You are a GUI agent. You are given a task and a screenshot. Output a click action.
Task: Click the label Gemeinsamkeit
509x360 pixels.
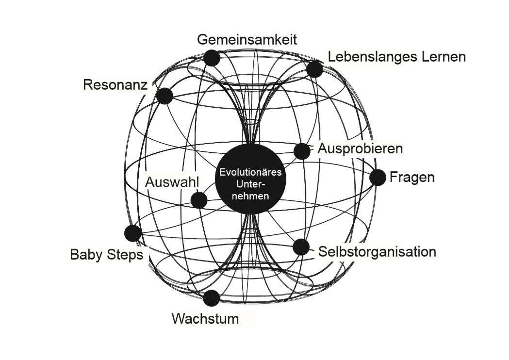[x=246, y=39]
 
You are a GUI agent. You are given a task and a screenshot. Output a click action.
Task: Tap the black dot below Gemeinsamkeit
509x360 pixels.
[x=212, y=58]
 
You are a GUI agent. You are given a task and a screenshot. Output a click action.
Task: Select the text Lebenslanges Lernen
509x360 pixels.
[x=396, y=57]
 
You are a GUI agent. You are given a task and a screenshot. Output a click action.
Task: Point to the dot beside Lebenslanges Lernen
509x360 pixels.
[x=314, y=69]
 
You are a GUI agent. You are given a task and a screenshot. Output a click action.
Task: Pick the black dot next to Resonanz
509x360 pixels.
[x=165, y=96]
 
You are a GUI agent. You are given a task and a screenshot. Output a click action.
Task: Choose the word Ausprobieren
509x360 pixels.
[x=360, y=148]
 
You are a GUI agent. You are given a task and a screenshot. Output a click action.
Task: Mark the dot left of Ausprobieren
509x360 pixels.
[x=302, y=151]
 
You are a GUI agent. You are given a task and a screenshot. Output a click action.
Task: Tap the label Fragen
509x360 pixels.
[x=412, y=177]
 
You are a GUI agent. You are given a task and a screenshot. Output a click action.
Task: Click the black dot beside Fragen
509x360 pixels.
[x=378, y=178]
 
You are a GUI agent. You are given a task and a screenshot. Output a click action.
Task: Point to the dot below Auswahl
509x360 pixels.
[x=199, y=200]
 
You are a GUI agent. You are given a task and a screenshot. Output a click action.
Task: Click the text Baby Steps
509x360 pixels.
[x=107, y=255]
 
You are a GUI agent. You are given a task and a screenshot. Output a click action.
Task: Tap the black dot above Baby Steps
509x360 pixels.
[x=132, y=233]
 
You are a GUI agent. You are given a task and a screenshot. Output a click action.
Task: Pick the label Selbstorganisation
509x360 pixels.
[x=377, y=252]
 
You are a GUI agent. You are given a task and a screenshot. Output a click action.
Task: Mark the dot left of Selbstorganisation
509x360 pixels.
[x=301, y=247]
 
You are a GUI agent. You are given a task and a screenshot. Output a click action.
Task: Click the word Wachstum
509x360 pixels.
[x=205, y=319]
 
